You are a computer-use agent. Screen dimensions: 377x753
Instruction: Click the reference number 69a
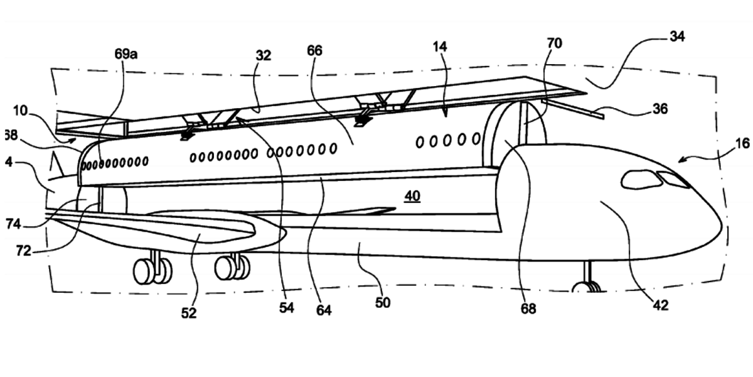125,55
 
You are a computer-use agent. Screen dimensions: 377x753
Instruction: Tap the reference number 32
263,55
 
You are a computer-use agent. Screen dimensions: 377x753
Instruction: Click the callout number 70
554,43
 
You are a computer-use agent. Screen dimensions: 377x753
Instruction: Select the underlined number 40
412,197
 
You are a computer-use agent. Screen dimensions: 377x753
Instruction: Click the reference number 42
660,306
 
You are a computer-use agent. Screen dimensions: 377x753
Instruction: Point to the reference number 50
382,303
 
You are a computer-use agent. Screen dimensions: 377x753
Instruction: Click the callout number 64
324,310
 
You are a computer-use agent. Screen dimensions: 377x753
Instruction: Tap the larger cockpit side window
641,180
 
